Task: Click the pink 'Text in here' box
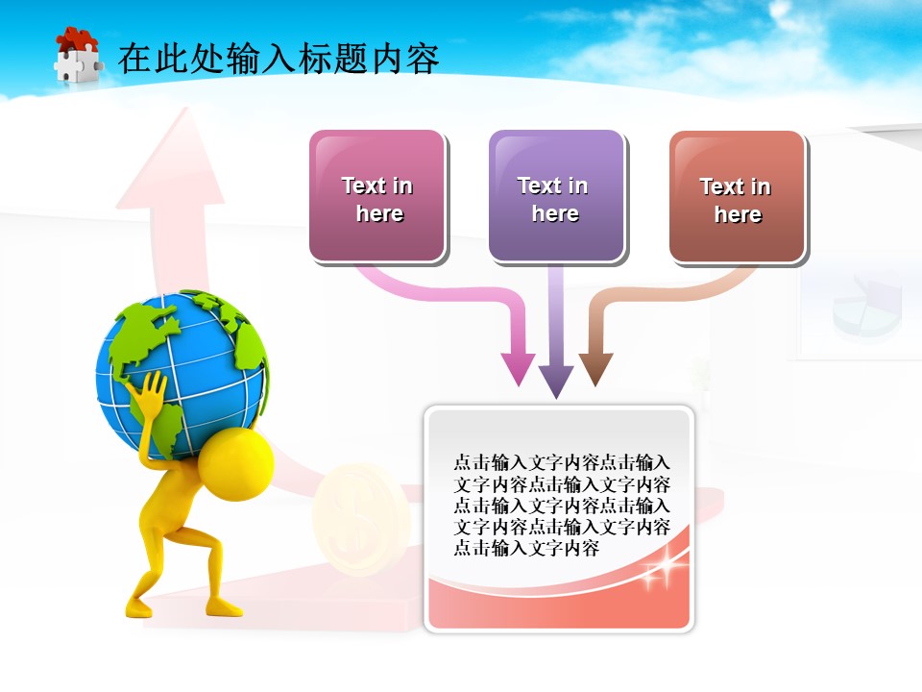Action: [x=377, y=196]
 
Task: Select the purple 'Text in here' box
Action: [x=556, y=196]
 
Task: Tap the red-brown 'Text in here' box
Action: [x=736, y=197]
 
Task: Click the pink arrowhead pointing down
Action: [x=519, y=369]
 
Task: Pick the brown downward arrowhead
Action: [x=595, y=369]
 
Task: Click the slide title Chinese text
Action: [x=279, y=59]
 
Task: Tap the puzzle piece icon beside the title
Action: [x=77, y=57]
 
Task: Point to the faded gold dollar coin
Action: [x=361, y=519]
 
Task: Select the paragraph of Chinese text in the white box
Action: [x=562, y=506]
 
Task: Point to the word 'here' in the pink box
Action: [x=379, y=213]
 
